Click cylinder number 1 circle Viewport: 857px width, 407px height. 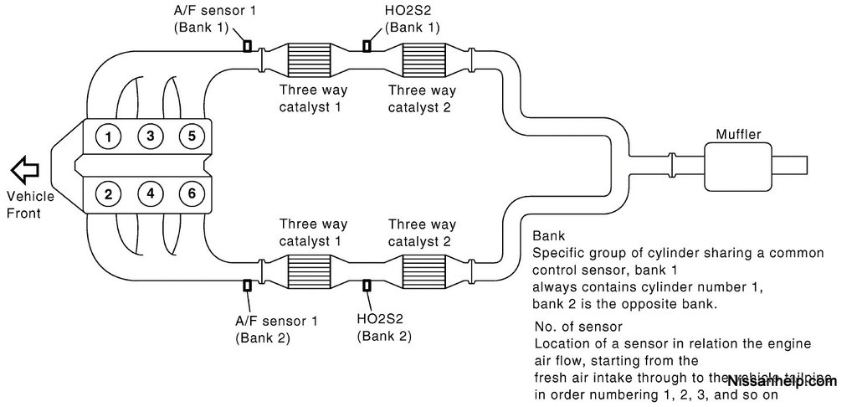tap(109, 136)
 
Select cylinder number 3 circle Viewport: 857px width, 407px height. tap(151, 136)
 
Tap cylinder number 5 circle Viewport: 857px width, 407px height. tap(192, 136)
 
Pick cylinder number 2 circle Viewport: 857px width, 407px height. tap(109, 194)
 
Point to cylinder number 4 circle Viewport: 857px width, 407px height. tap(151, 194)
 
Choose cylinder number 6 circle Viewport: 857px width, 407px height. tap(192, 194)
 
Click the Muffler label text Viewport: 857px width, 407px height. tap(737, 134)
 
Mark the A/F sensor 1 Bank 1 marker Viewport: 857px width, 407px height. tap(248, 47)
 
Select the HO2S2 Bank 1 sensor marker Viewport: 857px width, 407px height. tap(367, 47)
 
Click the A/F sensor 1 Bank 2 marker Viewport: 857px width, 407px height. tap(248, 286)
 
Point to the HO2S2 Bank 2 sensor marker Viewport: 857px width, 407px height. tap(367, 286)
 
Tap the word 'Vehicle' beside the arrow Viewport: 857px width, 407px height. tap(30, 197)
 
